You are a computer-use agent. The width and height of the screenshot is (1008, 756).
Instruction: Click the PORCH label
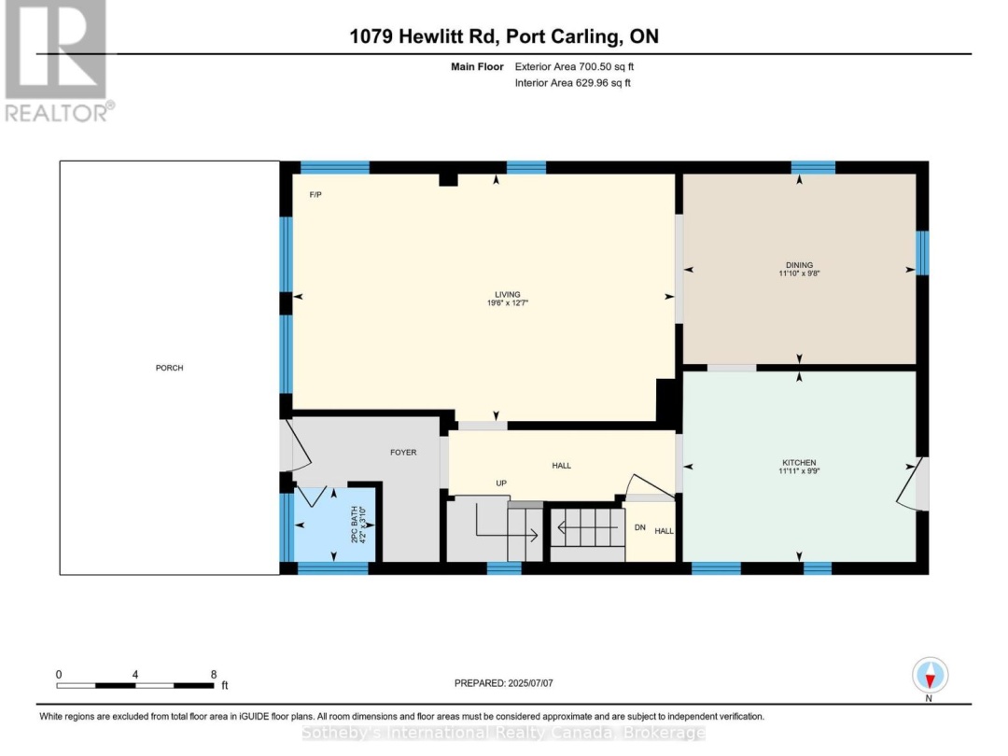(x=170, y=369)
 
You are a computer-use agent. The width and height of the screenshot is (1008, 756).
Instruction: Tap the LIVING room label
(x=507, y=294)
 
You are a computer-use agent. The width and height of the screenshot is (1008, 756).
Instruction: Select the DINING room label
(x=799, y=265)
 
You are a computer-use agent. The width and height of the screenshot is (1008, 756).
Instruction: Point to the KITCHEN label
(x=799, y=463)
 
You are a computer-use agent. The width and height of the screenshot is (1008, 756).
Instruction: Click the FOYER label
(x=404, y=453)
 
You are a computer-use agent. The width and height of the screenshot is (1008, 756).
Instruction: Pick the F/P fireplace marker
(x=315, y=195)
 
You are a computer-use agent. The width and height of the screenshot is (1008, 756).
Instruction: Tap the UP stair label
(x=501, y=483)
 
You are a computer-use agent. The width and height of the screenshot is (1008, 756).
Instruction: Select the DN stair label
(x=639, y=527)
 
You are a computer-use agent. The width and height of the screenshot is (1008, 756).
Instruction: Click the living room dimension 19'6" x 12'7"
(x=507, y=302)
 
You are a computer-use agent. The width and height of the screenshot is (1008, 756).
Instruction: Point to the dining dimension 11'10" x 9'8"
(x=799, y=273)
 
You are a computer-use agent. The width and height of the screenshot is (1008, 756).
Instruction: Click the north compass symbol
(x=930, y=676)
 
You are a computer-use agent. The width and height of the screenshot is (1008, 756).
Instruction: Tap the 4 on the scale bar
(x=135, y=675)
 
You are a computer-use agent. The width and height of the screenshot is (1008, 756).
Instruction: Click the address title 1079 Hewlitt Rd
(x=424, y=36)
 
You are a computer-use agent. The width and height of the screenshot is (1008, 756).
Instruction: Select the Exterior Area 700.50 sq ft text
(x=574, y=66)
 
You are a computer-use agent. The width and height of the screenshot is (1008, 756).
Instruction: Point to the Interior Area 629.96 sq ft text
(x=572, y=83)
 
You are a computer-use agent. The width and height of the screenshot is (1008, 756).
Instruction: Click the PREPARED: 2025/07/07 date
(x=503, y=683)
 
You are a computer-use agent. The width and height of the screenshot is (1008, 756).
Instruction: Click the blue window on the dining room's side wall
(x=922, y=253)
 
